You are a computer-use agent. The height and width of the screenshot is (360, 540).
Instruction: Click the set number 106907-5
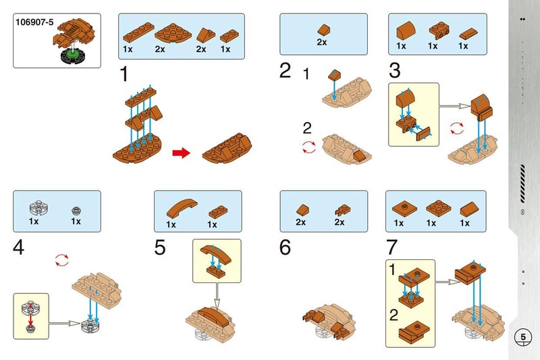coord(34,22)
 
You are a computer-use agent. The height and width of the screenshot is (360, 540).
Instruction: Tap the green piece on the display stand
coord(73,53)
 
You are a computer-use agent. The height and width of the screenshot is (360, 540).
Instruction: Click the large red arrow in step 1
coord(181,153)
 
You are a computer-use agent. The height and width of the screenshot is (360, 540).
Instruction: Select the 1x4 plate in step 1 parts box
coord(138,32)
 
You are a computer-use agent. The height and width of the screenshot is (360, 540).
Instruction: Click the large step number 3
coord(394,70)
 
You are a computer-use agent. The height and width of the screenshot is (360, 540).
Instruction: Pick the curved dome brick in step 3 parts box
coord(406,30)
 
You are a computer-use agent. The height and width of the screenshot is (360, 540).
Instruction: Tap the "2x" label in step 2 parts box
coord(322,42)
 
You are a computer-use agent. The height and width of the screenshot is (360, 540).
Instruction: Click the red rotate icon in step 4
coord(62,261)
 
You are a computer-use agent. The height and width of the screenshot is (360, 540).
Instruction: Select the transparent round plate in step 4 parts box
coord(38,208)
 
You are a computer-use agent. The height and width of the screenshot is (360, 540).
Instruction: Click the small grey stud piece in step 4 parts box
coord(76,210)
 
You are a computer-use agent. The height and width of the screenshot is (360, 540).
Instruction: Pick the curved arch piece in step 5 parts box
coord(182,208)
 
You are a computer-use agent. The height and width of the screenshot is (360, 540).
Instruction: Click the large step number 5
coord(160,247)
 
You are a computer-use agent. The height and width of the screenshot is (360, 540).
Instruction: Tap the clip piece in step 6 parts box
coord(342,210)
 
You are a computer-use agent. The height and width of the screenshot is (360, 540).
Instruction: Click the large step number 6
coord(285,247)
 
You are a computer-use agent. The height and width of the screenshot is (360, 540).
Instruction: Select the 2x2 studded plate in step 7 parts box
coord(438,208)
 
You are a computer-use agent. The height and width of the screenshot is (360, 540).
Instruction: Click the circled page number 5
coord(522,337)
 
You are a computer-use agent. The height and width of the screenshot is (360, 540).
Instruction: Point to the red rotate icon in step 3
coord(457,128)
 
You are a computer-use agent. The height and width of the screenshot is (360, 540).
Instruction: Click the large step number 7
coord(391,247)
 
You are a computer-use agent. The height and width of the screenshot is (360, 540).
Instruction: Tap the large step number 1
coord(124,74)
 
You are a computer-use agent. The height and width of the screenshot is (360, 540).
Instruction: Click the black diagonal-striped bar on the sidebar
coord(522,184)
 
